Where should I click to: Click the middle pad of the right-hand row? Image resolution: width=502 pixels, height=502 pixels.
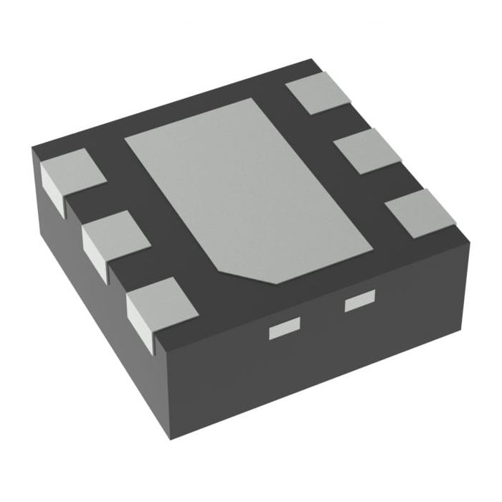[367, 149]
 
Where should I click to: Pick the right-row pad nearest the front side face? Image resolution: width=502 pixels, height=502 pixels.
[420, 212]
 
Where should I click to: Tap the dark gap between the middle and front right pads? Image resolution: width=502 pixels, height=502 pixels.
[393, 181]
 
